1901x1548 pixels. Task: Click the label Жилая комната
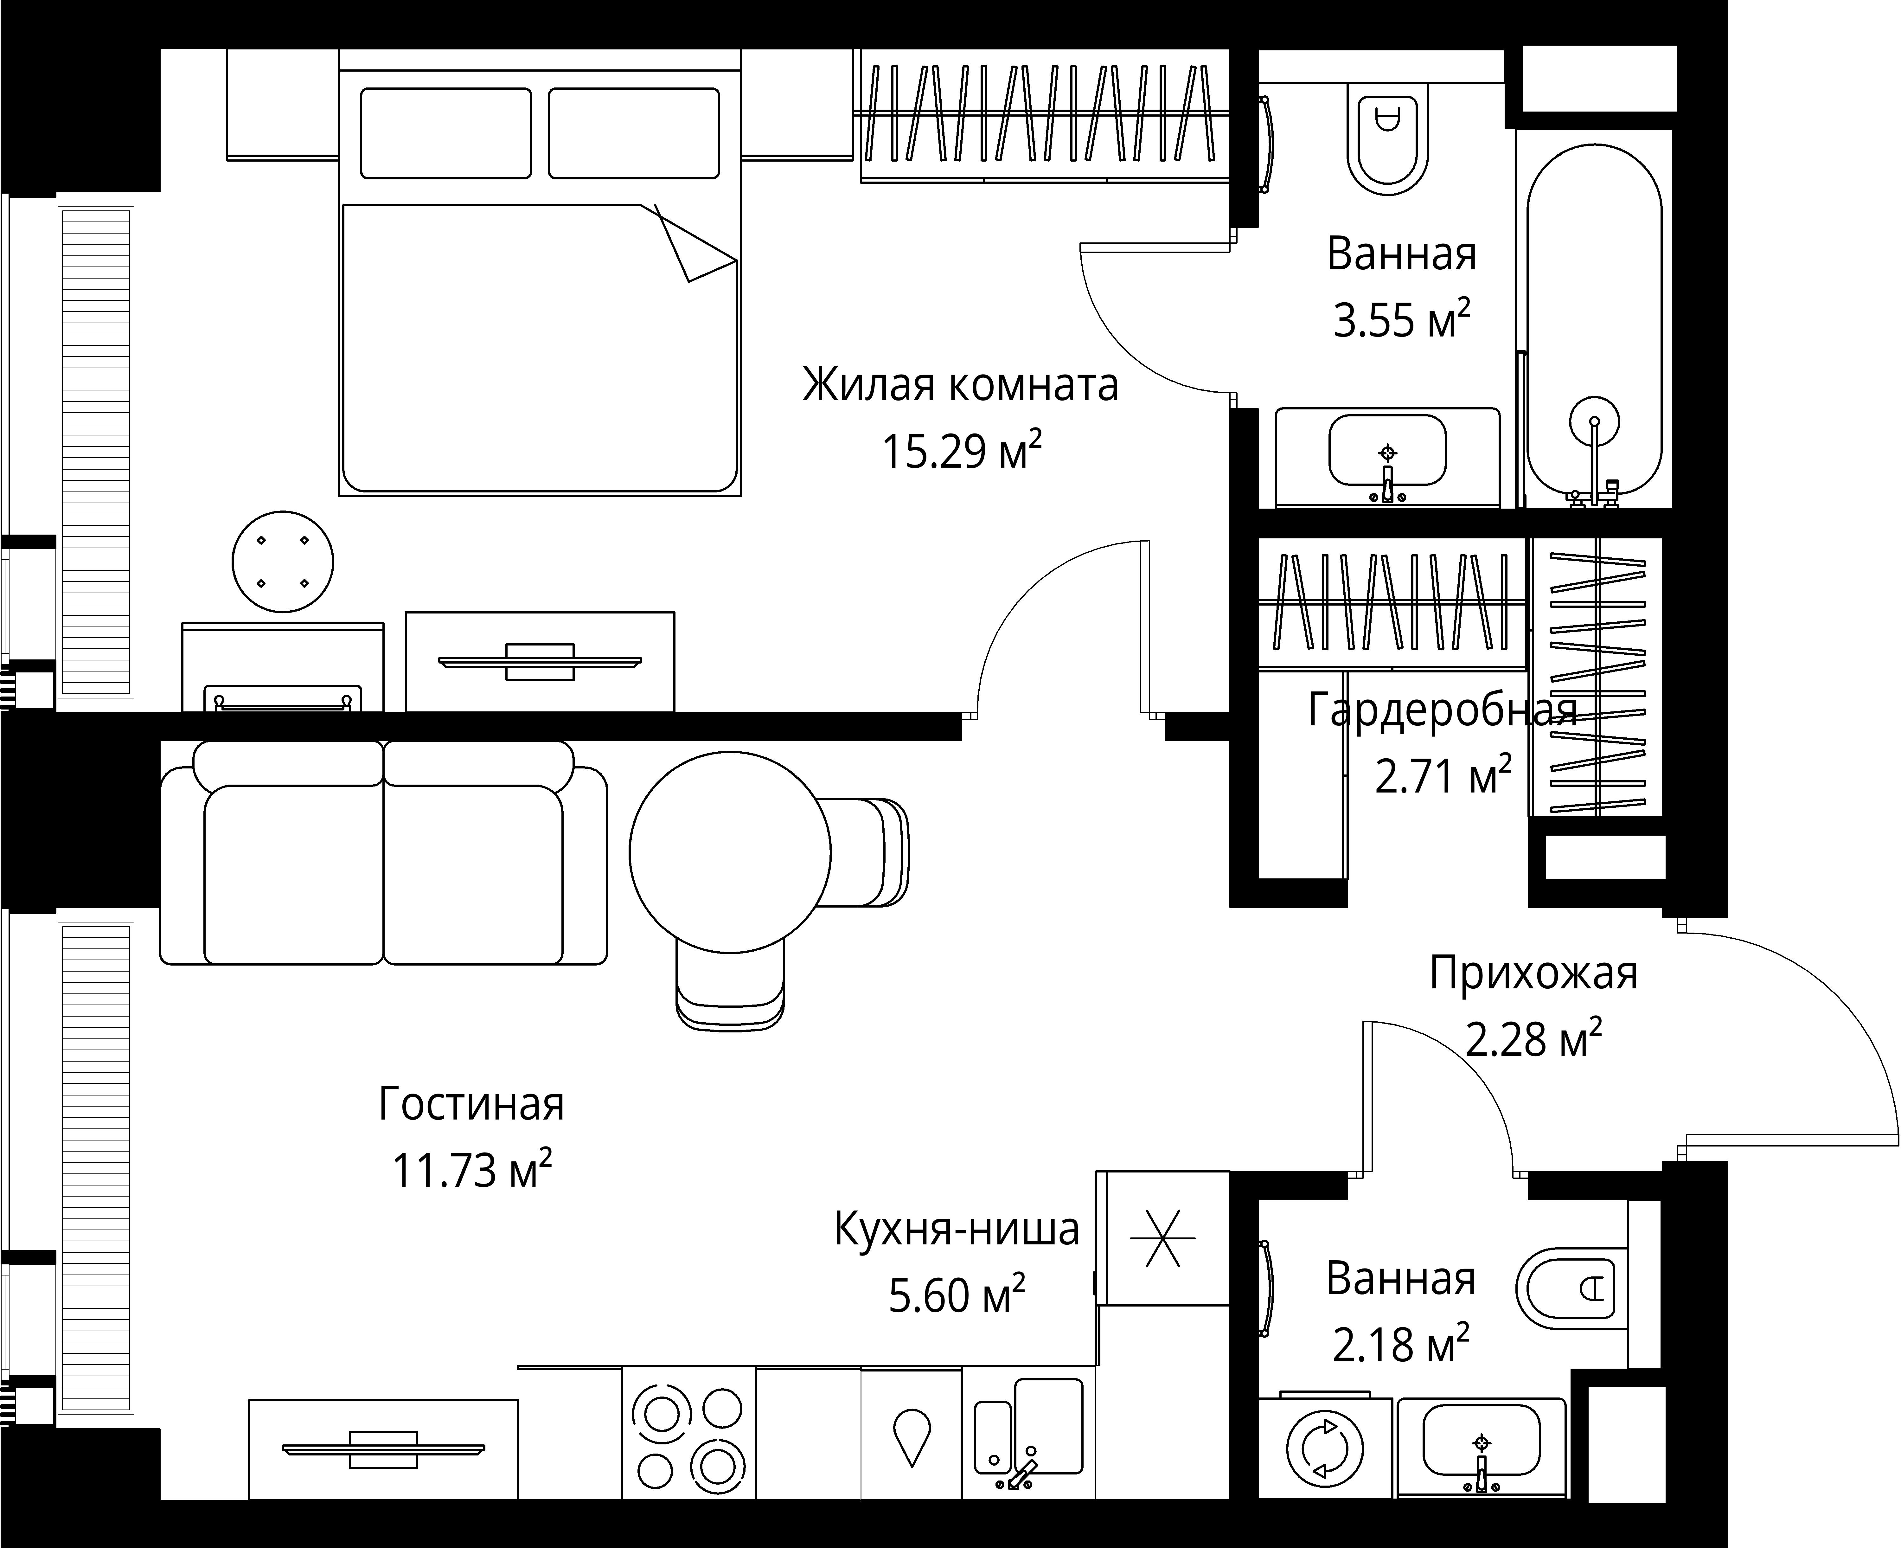960,385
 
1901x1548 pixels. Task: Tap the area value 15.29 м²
961,450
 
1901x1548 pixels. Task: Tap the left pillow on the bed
446,133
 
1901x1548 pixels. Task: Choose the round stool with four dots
283,562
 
